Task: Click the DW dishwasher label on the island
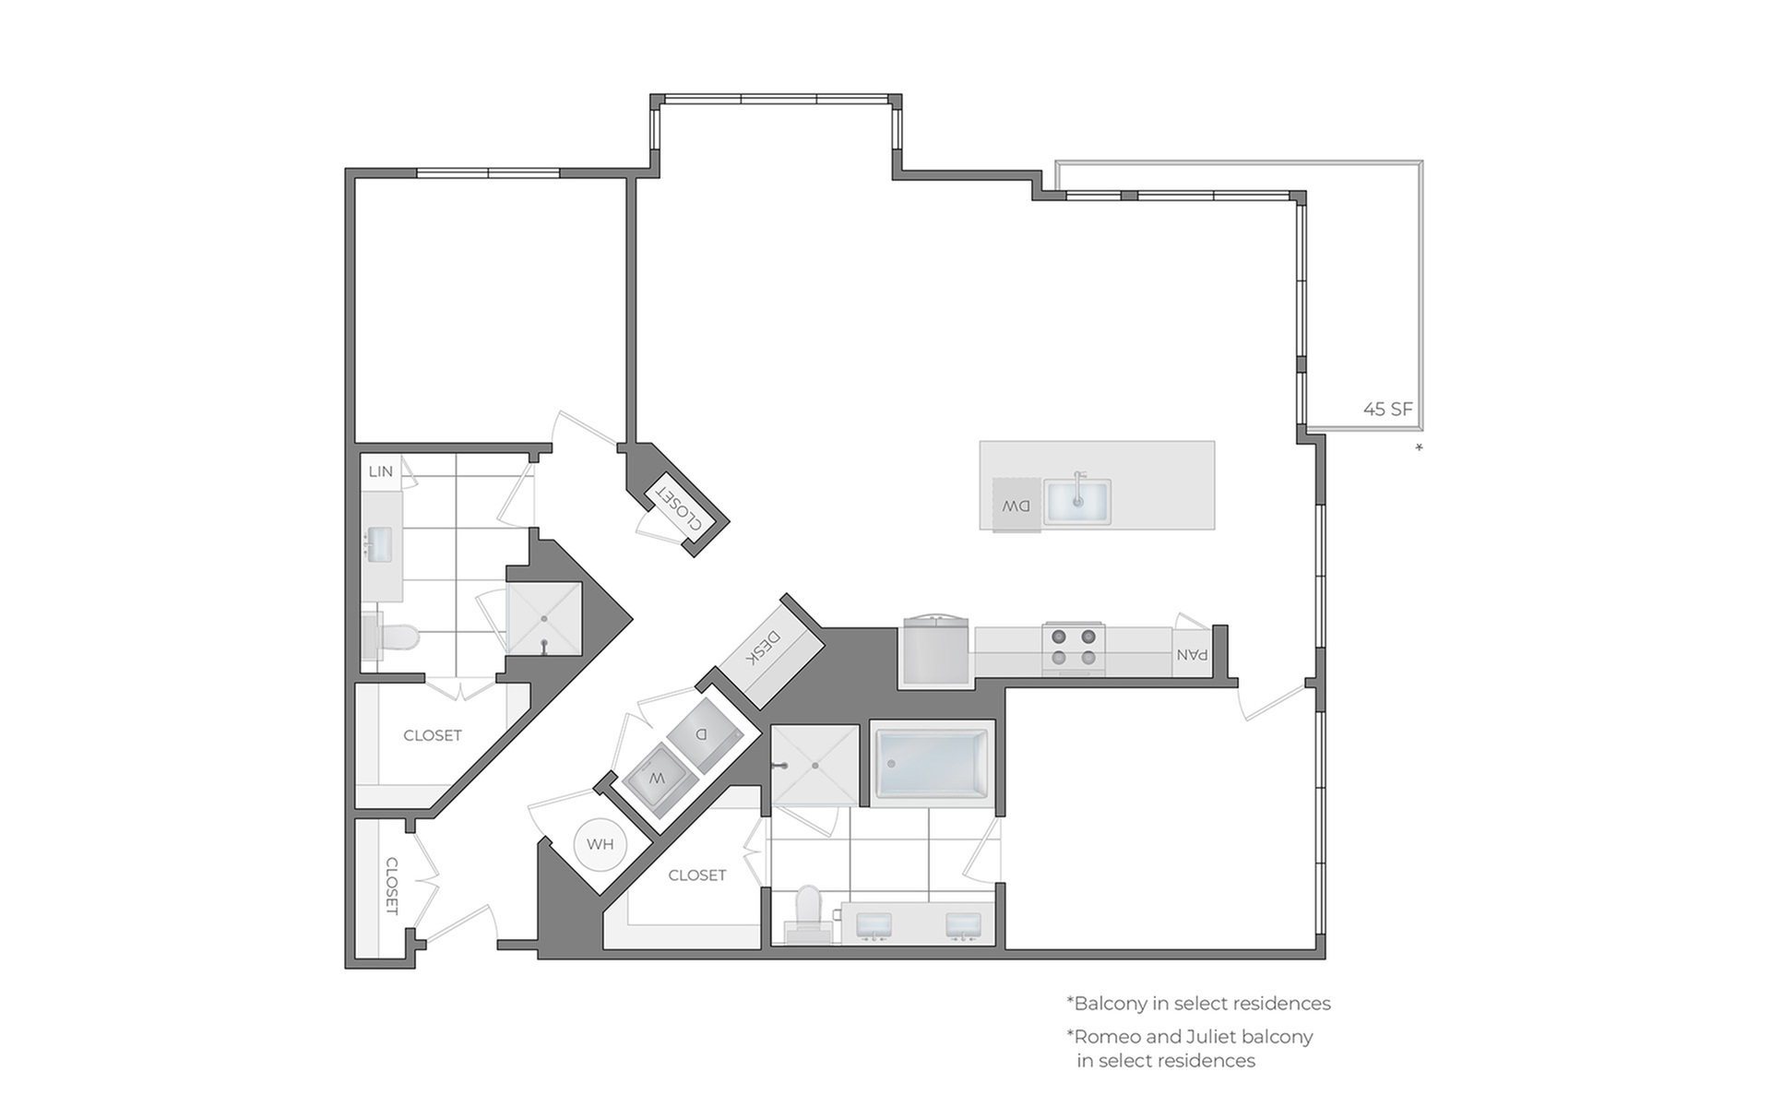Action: pyautogui.click(x=1016, y=506)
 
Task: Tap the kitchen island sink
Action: pyautogui.click(x=1077, y=501)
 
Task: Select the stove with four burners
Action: pyautogui.click(x=1074, y=648)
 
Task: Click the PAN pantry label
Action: pyautogui.click(x=1192, y=654)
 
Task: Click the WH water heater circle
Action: pyautogui.click(x=600, y=844)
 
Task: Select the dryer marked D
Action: pyautogui.click(x=703, y=733)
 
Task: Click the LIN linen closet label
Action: pyautogui.click(x=381, y=471)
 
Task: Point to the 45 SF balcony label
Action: pyautogui.click(x=1387, y=409)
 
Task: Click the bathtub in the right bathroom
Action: pyautogui.click(x=932, y=764)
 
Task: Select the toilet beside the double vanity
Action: pyautogui.click(x=808, y=912)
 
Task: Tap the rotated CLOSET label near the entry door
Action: pyautogui.click(x=391, y=887)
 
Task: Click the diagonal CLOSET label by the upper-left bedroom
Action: pyautogui.click(x=678, y=507)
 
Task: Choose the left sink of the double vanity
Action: pyautogui.click(x=874, y=925)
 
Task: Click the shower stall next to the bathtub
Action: pyautogui.click(x=814, y=765)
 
